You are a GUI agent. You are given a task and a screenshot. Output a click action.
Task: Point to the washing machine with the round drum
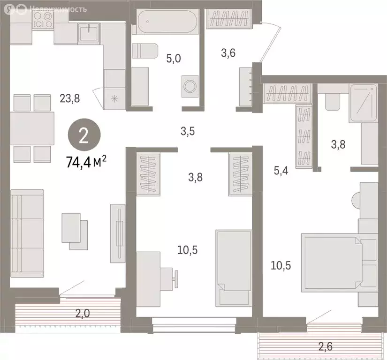pos(190,86)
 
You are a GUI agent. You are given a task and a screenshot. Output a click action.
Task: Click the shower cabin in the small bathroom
pos(363,104)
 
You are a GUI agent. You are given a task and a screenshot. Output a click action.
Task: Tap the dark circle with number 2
pos(83,136)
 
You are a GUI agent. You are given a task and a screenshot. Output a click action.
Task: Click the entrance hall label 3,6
pos(228,53)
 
